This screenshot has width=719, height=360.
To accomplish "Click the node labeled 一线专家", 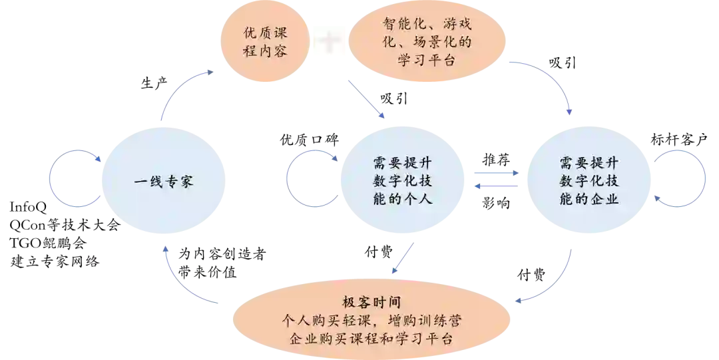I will click(163, 180).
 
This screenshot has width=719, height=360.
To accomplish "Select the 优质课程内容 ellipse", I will click(265, 40).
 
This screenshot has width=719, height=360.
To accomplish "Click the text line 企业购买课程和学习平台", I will click(370, 339).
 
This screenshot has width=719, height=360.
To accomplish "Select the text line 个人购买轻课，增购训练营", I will click(370, 321).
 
